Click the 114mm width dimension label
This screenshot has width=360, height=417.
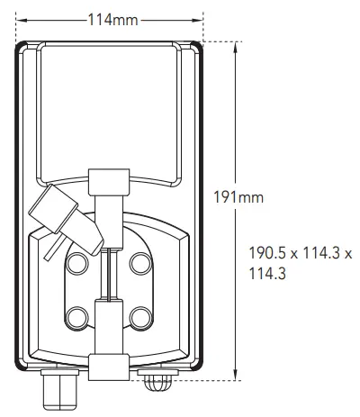point(112,20)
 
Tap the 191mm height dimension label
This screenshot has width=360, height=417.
point(238,197)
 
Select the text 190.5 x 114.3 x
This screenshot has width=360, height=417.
point(301,253)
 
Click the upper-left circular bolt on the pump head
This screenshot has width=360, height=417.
point(78,263)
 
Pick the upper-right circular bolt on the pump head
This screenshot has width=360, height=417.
point(140,263)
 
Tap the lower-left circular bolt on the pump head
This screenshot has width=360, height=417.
point(77,318)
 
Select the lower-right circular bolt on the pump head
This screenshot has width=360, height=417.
point(141,318)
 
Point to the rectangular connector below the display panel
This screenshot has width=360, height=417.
point(109,182)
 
